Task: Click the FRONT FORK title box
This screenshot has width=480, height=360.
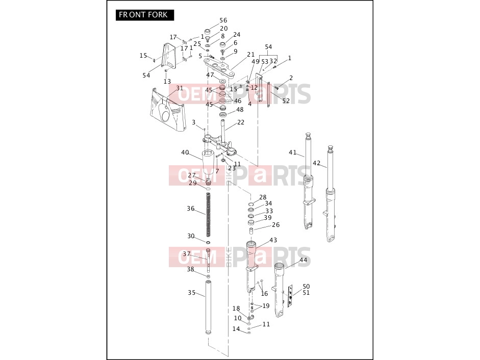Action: click(x=145, y=15)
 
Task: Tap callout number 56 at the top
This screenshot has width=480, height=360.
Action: click(x=223, y=20)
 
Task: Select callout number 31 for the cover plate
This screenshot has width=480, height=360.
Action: click(x=180, y=88)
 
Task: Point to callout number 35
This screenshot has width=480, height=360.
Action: click(x=192, y=293)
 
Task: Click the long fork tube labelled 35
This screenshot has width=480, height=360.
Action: click(x=209, y=307)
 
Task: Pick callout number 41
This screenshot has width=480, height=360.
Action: click(x=293, y=152)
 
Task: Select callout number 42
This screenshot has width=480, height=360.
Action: click(x=317, y=163)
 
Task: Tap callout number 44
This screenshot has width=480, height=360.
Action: click(x=304, y=260)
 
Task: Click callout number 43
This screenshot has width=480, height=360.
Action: click(x=273, y=240)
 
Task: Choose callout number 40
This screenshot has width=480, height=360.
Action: click(x=185, y=152)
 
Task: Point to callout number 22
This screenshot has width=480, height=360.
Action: click(x=241, y=122)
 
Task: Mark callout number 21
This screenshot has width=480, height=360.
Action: click(x=251, y=55)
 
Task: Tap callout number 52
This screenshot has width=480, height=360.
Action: click(x=286, y=101)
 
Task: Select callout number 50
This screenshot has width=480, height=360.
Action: click(x=306, y=286)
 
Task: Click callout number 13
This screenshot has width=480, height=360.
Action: click(x=167, y=82)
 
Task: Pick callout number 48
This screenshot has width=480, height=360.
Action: click(x=240, y=109)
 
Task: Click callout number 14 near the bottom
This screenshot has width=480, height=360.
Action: click(x=236, y=329)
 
